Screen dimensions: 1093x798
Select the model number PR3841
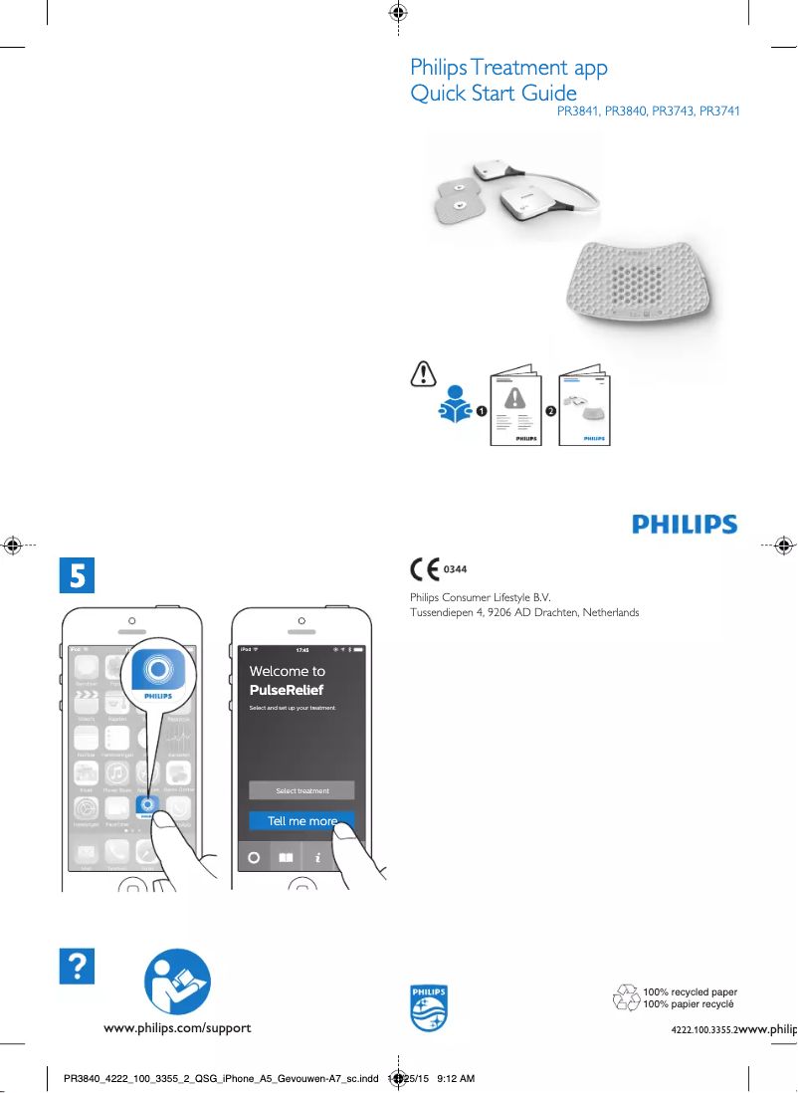coord(577,111)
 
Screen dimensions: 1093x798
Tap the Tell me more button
coord(301,821)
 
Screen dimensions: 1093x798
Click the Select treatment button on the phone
coord(301,790)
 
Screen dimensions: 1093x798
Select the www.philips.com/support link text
coord(178,1027)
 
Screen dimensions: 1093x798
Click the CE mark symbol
coord(425,569)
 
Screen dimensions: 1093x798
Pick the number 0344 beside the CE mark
coord(455,569)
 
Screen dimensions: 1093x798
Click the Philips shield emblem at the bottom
coord(429,1007)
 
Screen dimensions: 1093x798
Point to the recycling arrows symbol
coord(626,997)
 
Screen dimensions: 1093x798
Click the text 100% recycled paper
coord(690,992)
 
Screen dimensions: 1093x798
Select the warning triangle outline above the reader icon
coord(423,373)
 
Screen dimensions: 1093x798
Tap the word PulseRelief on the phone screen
coord(287,690)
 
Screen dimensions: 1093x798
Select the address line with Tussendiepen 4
coord(524,612)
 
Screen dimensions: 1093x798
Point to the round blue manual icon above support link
coord(177,982)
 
